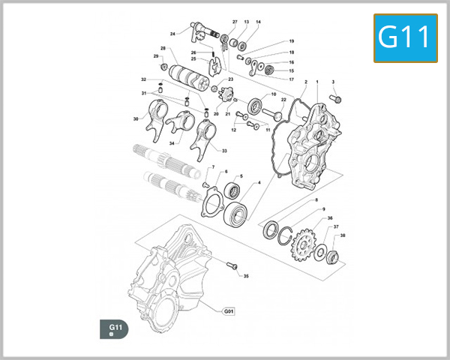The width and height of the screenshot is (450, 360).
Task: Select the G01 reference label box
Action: pyautogui.click(x=229, y=310)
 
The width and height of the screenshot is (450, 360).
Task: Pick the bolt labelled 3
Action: pyautogui.click(x=335, y=99)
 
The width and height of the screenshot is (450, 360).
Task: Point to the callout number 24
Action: pyautogui.click(x=172, y=34)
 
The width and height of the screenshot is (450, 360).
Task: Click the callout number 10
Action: pyautogui.click(x=273, y=94)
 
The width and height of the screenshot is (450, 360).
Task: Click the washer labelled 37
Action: pyautogui.click(x=320, y=251)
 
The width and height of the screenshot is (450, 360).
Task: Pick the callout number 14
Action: pyautogui.click(x=258, y=22)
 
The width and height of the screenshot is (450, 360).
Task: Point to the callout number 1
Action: pyautogui.click(x=317, y=81)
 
